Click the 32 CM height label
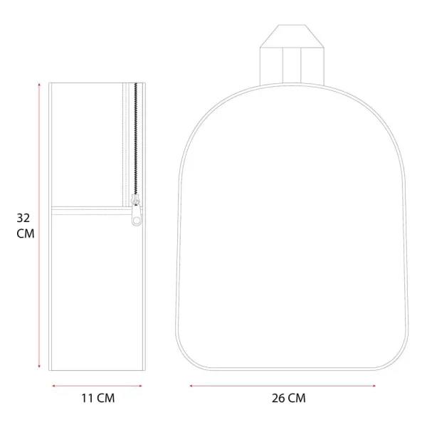[x=26, y=226]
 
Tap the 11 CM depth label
[x=98, y=398]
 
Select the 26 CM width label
[x=289, y=398]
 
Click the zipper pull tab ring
[x=137, y=220]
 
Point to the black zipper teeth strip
[x=136, y=139]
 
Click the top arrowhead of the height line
[x=39, y=85]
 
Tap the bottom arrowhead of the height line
[x=39, y=367]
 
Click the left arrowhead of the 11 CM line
[x=54, y=386]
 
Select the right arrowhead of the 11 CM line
[x=140, y=386]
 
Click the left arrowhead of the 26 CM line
[x=191, y=386]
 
